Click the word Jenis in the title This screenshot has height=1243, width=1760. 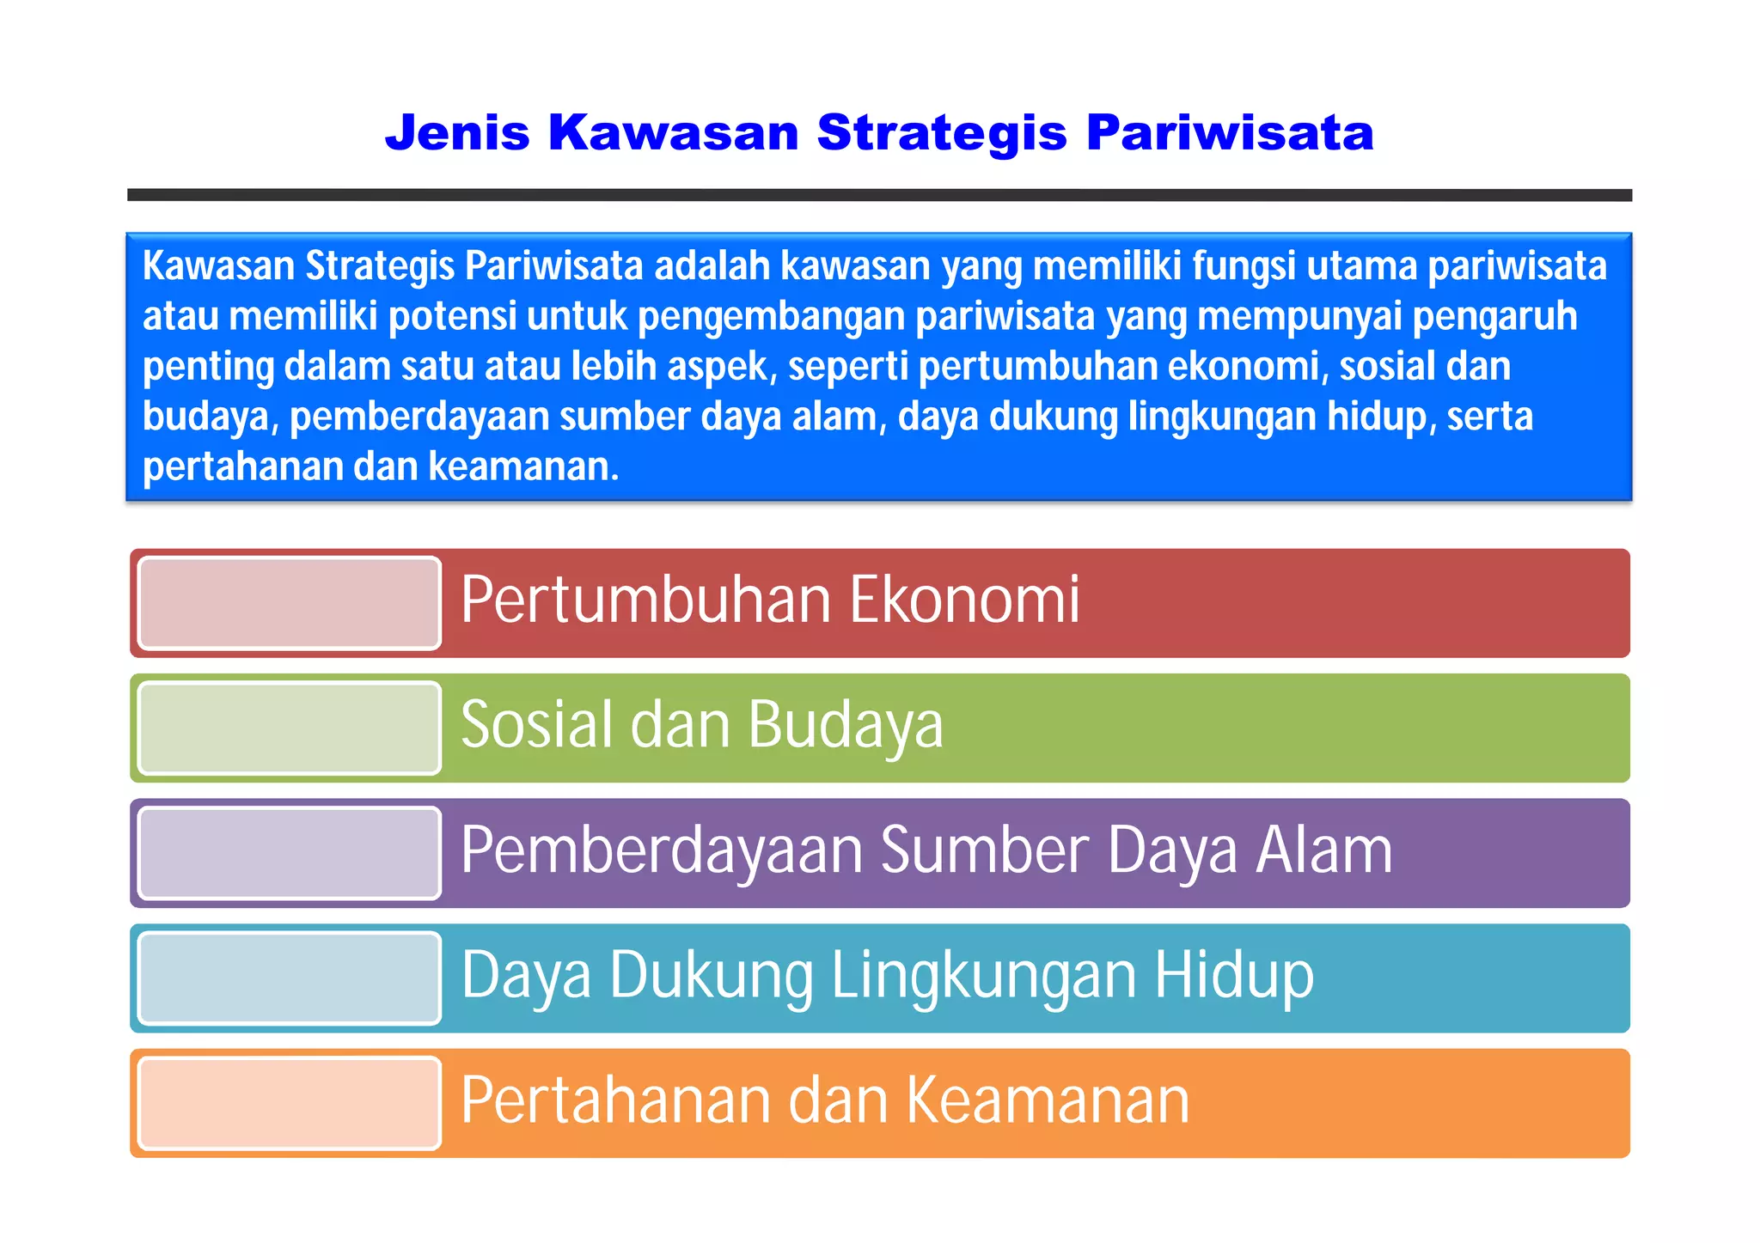(x=457, y=133)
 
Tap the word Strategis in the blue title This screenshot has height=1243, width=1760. (x=941, y=133)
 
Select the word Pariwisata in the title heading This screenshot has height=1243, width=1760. (x=1229, y=133)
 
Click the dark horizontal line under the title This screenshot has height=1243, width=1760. (x=879, y=195)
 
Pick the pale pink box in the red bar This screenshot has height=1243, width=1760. (x=290, y=603)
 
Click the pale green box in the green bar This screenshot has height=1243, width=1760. (x=290, y=728)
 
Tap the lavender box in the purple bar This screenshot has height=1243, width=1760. (x=290, y=853)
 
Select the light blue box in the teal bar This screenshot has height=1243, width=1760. (x=290, y=978)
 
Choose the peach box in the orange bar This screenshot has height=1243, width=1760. (x=290, y=1103)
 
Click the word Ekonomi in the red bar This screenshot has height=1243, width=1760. (x=964, y=600)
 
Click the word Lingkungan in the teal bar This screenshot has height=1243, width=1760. (x=984, y=976)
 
